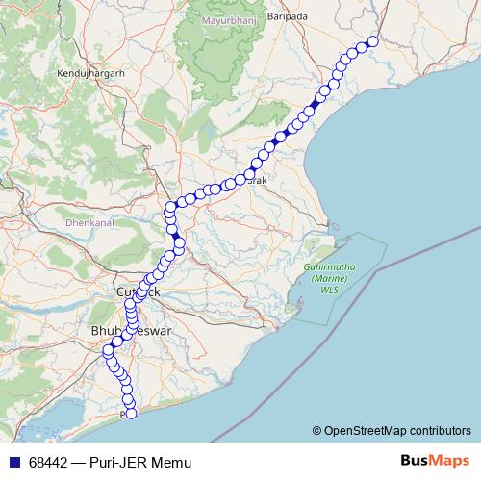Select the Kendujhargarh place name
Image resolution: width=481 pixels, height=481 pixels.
[91, 72]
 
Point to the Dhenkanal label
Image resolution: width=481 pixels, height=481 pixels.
[89, 221]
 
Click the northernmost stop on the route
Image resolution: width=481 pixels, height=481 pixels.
[372, 40]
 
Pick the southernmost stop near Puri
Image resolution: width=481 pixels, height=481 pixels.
[132, 414]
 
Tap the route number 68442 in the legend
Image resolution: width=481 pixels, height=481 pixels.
[50, 462]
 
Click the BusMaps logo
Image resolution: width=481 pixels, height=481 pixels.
[435, 461]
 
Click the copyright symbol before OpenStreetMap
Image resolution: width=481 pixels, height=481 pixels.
[316, 430]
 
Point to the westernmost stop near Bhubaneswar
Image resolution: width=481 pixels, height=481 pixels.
[107, 351]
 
